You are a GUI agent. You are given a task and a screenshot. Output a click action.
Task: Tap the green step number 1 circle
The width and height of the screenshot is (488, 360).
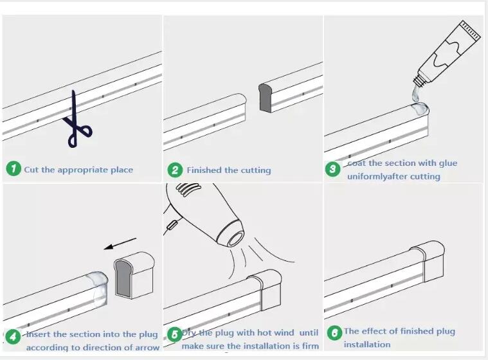pyautogui.click(x=14, y=168)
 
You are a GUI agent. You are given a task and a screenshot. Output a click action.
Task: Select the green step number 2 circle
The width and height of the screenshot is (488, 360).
pyautogui.click(x=176, y=170)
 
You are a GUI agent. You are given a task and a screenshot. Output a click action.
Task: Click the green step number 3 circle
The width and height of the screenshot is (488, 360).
pyautogui.click(x=332, y=169)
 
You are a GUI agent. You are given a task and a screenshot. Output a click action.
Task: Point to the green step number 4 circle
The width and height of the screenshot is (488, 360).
pyautogui.click(x=14, y=337)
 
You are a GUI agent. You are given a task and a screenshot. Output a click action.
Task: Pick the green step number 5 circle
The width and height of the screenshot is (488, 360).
pyautogui.click(x=175, y=335)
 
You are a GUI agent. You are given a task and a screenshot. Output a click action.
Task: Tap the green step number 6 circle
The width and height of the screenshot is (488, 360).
pyautogui.click(x=334, y=333)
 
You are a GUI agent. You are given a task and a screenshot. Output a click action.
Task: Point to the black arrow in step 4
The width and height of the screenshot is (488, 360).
pyautogui.click(x=120, y=244)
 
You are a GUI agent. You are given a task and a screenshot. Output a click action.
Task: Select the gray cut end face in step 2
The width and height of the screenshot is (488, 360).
pyautogui.click(x=265, y=98)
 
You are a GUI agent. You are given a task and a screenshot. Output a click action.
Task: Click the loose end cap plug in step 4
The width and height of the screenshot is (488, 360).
pyautogui.click(x=134, y=275)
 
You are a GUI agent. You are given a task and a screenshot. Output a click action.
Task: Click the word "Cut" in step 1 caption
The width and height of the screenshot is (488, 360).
pyautogui.click(x=32, y=170)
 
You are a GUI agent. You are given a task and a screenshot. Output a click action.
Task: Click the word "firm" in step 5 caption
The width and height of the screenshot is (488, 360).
pyautogui.click(x=311, y=346)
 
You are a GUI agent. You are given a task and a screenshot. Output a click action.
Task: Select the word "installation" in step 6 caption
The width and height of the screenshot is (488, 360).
pyautogui.click(x=367, y=345)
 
